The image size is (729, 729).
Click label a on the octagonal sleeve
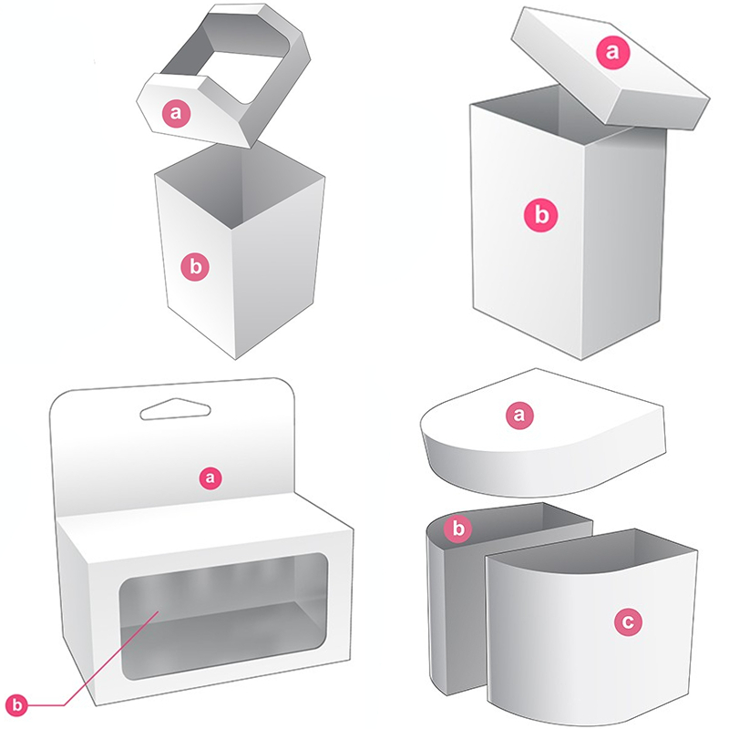[x=177, y=113]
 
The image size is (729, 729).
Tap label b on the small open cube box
[x=195, y=267]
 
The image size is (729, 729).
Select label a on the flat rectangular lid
[x=612, y=52]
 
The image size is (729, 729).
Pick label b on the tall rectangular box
[x=541, y=215]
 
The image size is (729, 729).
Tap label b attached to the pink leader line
[x=18, y=703]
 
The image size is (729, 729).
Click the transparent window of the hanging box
[x=219, y=629]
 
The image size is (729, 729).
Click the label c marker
[x=629, y=622]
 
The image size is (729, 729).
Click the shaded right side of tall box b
[x=633, y=237]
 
